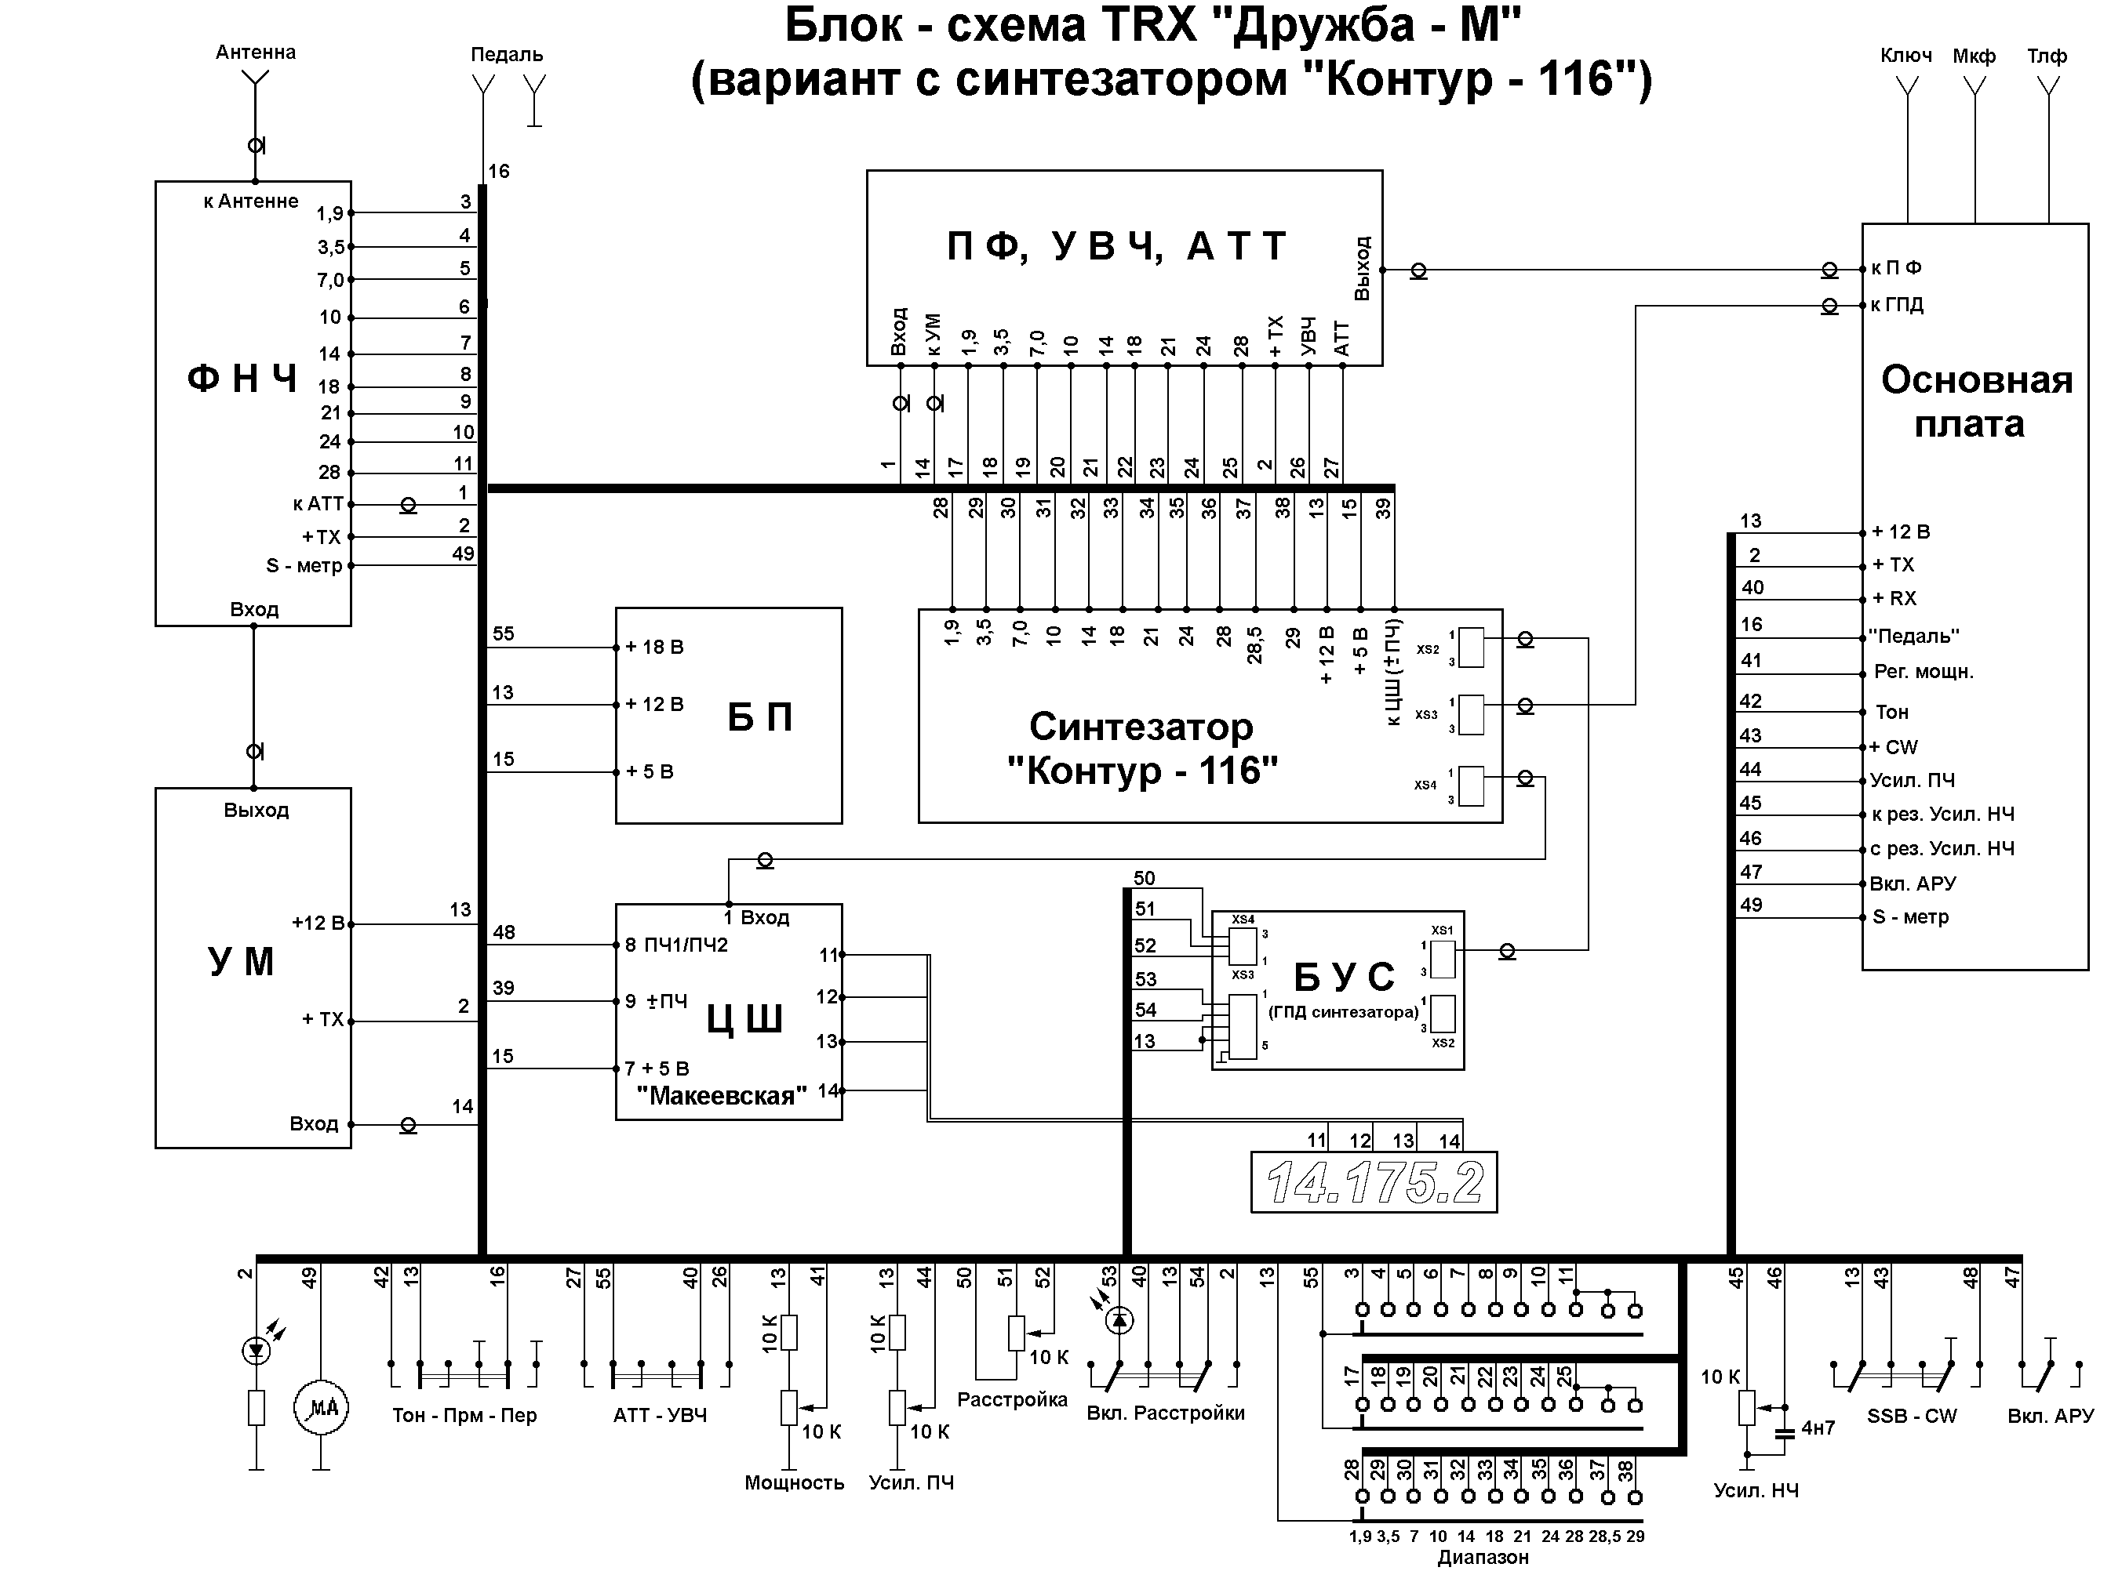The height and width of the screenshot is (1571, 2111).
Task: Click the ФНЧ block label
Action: (242, 379)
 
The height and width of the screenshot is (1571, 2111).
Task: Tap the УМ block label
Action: (241, 961)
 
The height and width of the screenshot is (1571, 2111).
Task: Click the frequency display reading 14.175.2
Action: (1373, 1183)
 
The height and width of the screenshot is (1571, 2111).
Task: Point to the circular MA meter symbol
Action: (322, 1409)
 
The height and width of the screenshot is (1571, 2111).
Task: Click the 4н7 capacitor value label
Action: (1818, 1428)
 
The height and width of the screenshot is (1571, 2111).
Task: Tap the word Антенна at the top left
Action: (255, 53)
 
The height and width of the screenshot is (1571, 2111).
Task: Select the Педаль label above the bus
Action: (506, 54)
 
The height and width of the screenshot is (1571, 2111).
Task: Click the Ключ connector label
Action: (1905, 55)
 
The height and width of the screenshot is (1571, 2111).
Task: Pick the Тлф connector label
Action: (2047, 55)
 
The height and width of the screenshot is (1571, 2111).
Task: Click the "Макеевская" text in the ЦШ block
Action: (721, 1095)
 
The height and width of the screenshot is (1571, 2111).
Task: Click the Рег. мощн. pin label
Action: (1923, 671)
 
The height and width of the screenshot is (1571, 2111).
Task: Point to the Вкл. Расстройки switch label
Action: (1166, 1413)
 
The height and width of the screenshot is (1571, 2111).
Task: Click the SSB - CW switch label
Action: (1911, 1416)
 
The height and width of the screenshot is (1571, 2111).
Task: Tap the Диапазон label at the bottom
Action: (1482, 1558)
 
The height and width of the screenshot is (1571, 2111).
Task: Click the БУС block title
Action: (1343, 978)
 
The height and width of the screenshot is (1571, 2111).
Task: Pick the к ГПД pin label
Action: (1896, 304)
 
